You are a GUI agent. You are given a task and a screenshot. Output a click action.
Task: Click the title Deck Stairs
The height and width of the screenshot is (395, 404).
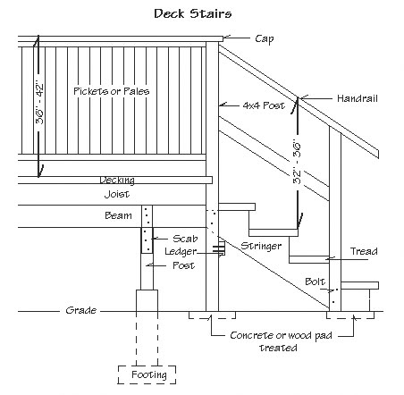pos(193,13)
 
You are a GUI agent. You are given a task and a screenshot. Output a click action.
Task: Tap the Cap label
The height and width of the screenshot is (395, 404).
pos(264,39)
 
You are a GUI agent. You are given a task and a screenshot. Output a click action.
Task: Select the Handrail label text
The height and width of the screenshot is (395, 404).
pos(358,98)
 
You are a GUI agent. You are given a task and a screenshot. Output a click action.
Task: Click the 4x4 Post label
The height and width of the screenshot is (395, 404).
pos(264,105)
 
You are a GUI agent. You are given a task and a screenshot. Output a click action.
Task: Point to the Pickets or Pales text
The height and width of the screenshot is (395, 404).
pos(112,91)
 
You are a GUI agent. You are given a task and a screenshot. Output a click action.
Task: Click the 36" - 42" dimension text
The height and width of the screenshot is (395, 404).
pos(39,104)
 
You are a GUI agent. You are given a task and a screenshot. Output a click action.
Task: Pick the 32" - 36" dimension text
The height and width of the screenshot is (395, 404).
pos(297,162)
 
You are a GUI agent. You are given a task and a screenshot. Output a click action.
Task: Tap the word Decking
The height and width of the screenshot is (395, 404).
pos(117,181)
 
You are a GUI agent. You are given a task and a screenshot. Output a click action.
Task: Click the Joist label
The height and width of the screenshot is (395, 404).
pos(117,194)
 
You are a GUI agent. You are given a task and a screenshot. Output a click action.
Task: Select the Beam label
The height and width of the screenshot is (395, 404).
pos(118,215)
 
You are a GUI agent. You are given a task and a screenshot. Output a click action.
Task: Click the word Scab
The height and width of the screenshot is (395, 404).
pos(185,239)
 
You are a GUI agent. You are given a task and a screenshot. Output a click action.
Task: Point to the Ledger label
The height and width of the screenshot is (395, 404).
pos(181,252)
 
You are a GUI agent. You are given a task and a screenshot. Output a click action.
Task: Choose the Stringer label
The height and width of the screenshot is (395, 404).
pos(261,246)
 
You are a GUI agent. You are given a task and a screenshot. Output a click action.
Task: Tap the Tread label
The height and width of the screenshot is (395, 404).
pos(364,251)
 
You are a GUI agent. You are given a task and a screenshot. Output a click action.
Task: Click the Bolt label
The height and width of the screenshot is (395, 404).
pos(315,282)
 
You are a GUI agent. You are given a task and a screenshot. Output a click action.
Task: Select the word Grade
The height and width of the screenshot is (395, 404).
pos(81,310)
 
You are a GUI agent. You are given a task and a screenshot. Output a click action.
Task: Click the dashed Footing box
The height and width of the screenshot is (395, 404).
pos(147,366)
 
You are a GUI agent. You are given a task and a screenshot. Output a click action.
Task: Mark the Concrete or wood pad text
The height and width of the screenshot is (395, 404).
pos(281,336)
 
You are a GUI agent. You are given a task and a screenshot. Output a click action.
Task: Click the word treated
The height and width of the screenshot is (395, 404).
pos(278,348)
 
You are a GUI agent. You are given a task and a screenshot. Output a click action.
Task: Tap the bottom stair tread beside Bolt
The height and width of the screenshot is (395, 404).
pos(360,285)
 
